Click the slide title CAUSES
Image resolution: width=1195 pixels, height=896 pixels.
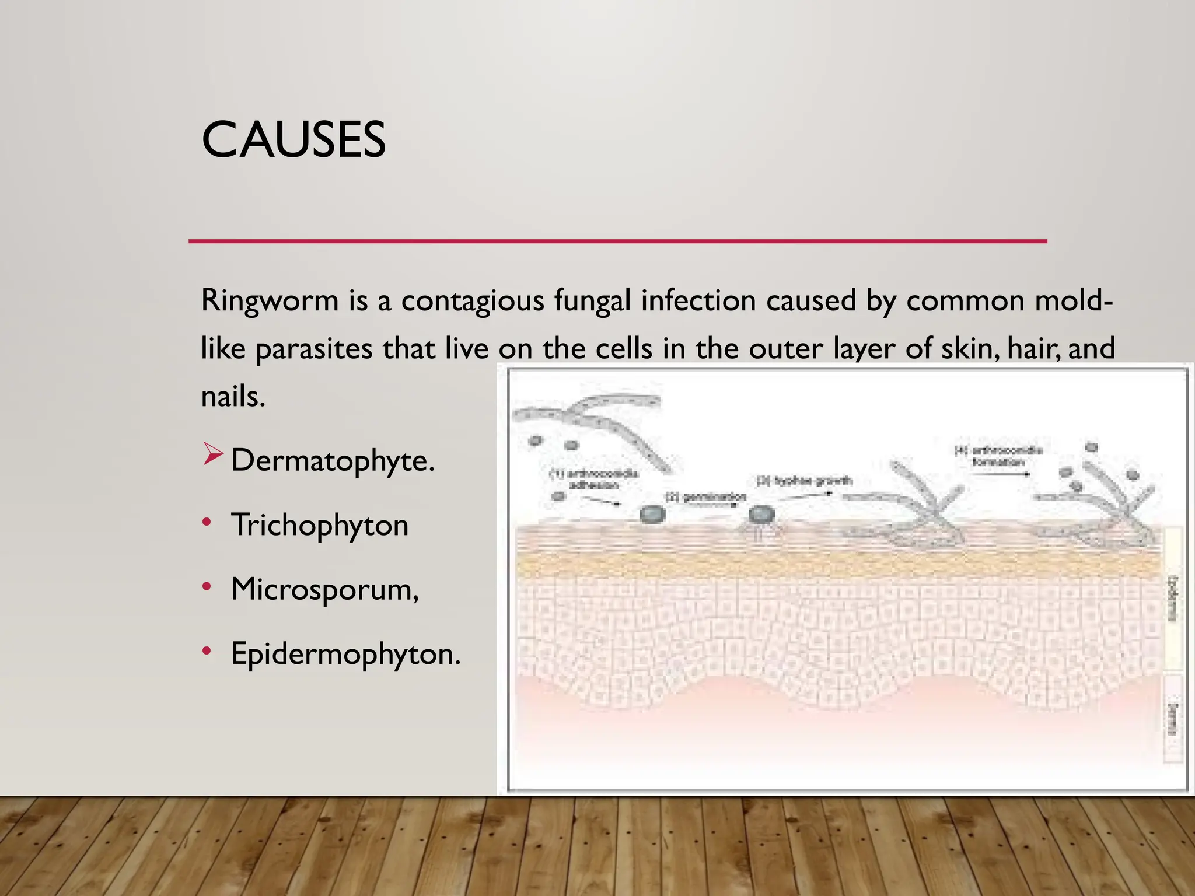click(293, 140)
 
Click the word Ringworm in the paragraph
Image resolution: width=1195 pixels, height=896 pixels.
click(270, 301)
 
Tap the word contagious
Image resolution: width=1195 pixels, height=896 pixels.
click(472, 301)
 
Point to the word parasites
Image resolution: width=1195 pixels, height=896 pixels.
click(314, 349)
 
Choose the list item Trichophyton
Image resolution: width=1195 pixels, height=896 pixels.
click(319, 524)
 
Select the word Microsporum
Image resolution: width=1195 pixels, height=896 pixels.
click(324, 589)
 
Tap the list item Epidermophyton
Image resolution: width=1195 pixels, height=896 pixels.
click(345, 653)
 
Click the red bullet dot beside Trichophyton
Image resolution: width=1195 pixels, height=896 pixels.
click(207, 521)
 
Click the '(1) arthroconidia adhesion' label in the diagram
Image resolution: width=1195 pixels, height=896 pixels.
click(594, 479)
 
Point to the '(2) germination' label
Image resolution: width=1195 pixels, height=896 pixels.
click(706, 497)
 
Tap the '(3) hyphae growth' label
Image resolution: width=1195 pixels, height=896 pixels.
click(804, 481)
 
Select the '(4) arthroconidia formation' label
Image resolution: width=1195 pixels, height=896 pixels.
click(998, 456)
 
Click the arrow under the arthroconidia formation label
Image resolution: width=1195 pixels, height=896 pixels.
click(1000, 474)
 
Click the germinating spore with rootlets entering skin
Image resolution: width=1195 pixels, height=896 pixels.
click(761, 516)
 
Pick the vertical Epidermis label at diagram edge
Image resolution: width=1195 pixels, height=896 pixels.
click(1172, 598)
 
